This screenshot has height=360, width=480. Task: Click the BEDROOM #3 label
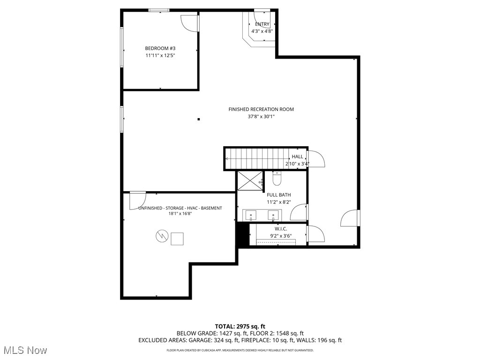[x=160, y=48]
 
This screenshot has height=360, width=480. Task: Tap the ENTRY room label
[x=262, y=24]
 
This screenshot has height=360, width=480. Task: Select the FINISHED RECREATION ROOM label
[x=261, y=109]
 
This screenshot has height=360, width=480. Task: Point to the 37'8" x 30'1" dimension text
[x=261, y=117]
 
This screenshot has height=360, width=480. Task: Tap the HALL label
[x=297, y=157]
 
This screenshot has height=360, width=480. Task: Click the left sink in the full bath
[x=251, y=216]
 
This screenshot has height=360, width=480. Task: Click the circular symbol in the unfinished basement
[x=161, y=236]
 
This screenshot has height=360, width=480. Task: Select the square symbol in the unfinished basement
[x=177, y=239]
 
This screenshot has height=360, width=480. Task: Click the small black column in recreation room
[x=199, y=119]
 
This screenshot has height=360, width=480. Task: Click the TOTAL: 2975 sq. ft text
[x=240, y=326]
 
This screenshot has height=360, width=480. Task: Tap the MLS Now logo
[x=25, y=350]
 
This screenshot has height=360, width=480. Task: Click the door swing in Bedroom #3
[x=190, y=22]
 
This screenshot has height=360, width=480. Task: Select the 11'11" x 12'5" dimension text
[x=160, y=56]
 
